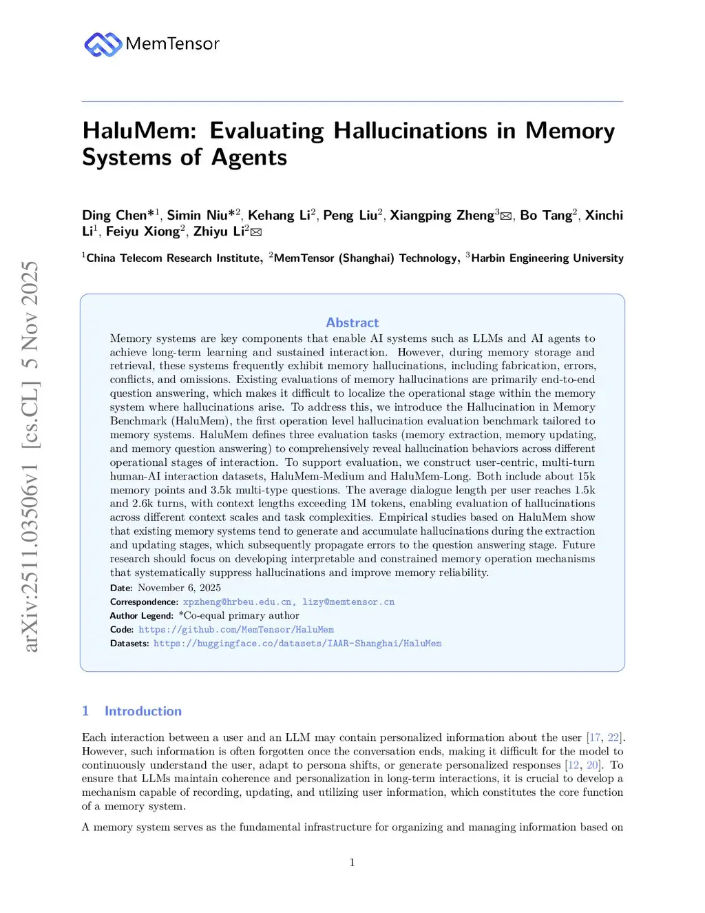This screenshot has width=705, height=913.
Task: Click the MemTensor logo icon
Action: coord(103,44)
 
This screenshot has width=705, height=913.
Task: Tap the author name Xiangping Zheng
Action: coord(442,216)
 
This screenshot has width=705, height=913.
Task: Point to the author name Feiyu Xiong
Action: coord(143,232)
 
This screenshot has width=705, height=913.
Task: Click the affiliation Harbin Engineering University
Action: coord(547,258)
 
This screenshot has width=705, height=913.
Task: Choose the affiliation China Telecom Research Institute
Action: coord(173,258)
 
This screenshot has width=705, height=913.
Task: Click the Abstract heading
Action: coord(352,322)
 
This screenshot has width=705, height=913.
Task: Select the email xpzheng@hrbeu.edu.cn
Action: coord(238,602)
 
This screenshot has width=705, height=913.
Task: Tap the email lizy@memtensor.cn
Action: coord(348,602)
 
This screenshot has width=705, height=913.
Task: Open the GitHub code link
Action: coord(236,630)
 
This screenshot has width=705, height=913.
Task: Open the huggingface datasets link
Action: coord(297,644)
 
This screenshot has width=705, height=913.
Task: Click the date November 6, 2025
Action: coord(179,588)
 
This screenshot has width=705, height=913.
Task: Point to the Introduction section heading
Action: coord(143,711)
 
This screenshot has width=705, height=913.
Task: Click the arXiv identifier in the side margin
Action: coord(30,455)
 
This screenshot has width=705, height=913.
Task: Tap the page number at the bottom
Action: coord(352,863)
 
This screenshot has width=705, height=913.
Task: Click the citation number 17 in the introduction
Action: coord(594,737)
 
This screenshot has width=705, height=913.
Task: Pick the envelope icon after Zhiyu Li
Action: coord(256,232)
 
